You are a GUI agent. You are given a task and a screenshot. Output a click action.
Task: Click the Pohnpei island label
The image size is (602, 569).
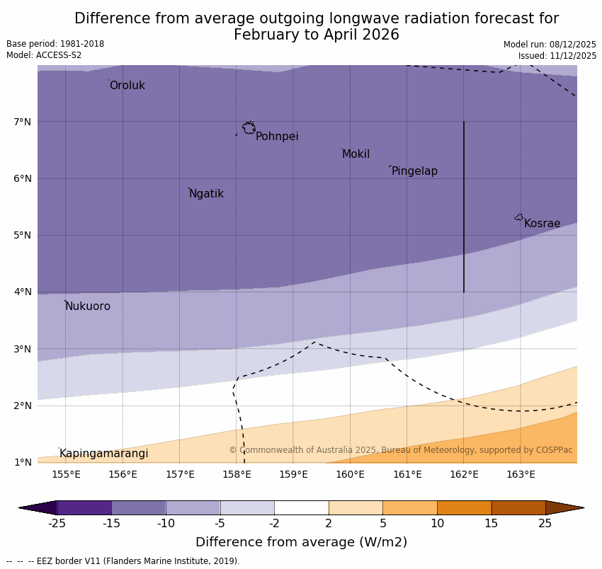pyautogui.click(x=277, y=137)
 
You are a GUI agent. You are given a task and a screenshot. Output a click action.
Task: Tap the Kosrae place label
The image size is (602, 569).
pyautogui.click(x=542, y=224)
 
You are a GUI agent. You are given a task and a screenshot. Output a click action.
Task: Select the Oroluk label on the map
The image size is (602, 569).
pyautogui.click(x=127, y=86)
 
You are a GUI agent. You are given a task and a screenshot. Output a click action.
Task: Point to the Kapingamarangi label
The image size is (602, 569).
pyautogui.click(x=104, y=454)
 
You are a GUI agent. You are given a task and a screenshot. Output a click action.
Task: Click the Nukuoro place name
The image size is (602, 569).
pyautogui.click(x=88, y=306)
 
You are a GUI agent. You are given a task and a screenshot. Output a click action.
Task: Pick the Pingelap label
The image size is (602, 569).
pyautogui.click(x=414, y=171)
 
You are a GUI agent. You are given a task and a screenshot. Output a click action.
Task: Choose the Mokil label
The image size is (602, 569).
pyautogui.click(x=356, y=154)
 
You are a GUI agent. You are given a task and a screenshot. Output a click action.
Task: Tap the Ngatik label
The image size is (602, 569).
pyautogui.click(x=206, y=194)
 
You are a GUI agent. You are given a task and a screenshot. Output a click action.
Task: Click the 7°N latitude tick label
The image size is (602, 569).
pyautogui.click(x=23, y=122)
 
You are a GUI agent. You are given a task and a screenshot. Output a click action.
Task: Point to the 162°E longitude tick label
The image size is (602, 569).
pyautogui.click(x=464, y=474)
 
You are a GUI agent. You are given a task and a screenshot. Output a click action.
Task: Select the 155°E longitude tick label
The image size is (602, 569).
pyautogui.click(x=66, y=474)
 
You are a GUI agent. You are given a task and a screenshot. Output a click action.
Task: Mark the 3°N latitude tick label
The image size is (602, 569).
pyautogui.click(x=23, y=349)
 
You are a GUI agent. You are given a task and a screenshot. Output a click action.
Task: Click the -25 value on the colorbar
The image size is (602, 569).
pyautogui.click(x=57, y=524)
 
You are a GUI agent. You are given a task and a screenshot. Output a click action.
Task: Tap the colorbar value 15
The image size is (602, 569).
pyautogui.click(x=492, y=524)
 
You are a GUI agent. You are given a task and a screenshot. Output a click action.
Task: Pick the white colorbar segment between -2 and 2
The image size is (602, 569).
pyautogui.click(x=301, y=507)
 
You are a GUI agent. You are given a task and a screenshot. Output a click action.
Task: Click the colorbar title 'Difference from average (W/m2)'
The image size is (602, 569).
pyautogui.click(x=301, y=543)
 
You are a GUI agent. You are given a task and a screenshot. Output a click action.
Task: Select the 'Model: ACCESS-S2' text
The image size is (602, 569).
pyautogui.click(x=44, y=55)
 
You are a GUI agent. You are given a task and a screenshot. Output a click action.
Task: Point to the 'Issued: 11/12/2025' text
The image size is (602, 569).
pyautogui.click(x=557, y=55)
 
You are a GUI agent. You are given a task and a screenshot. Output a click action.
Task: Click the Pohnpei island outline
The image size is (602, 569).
pyautogui.click(x=249, y=128)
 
